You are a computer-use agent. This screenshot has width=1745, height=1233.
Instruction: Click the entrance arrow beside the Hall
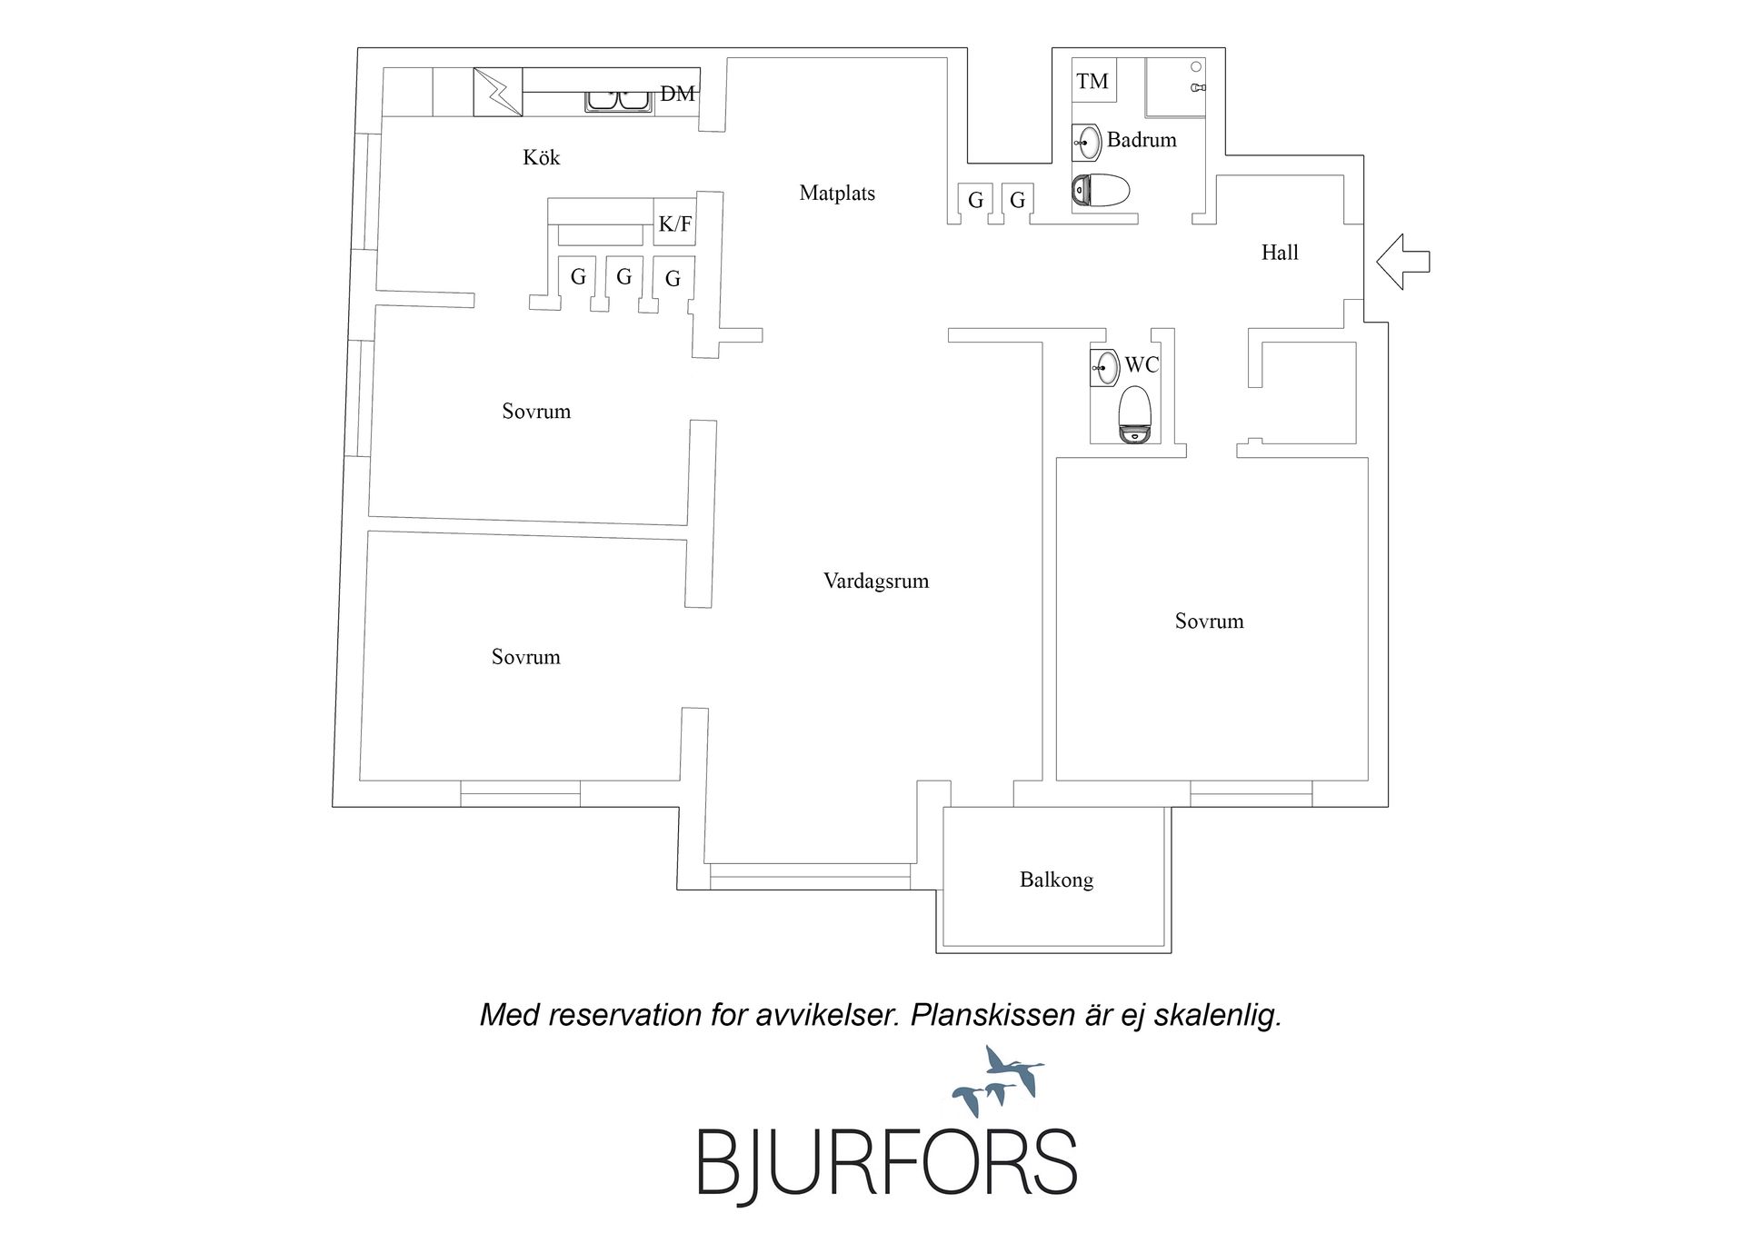coord(1403,262)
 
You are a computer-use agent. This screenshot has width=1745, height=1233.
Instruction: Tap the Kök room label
coord(541,157)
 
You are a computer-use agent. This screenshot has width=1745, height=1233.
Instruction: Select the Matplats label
coord(837,193)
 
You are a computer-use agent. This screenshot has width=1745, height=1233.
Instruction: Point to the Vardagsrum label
coord(876,582)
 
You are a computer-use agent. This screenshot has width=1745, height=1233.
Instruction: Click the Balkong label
coord(1056,880)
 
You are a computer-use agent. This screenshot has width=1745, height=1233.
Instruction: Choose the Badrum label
coord(1142,140)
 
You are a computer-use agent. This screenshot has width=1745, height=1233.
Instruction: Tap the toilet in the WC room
coord(1135,415)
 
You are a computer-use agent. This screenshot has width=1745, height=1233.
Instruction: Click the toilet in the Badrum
coord(1101,191)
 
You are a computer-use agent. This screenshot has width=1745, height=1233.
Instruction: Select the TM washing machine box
coord(1094,80)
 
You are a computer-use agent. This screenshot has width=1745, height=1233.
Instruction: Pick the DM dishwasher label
coord(677,94)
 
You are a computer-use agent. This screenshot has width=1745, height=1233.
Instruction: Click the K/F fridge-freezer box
coord(674,224)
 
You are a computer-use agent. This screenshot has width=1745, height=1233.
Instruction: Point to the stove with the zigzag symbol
coord(498,93)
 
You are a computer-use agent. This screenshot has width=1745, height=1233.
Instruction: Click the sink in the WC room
coord(1104,368)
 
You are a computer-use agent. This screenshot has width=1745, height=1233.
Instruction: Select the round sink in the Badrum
coord(1087,142)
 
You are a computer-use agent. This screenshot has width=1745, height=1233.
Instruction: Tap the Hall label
coord(1280,253)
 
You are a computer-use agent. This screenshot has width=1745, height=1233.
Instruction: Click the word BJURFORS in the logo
coord(887,1164)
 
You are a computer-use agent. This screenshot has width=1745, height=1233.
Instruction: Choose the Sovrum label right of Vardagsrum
coord(1209,621)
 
